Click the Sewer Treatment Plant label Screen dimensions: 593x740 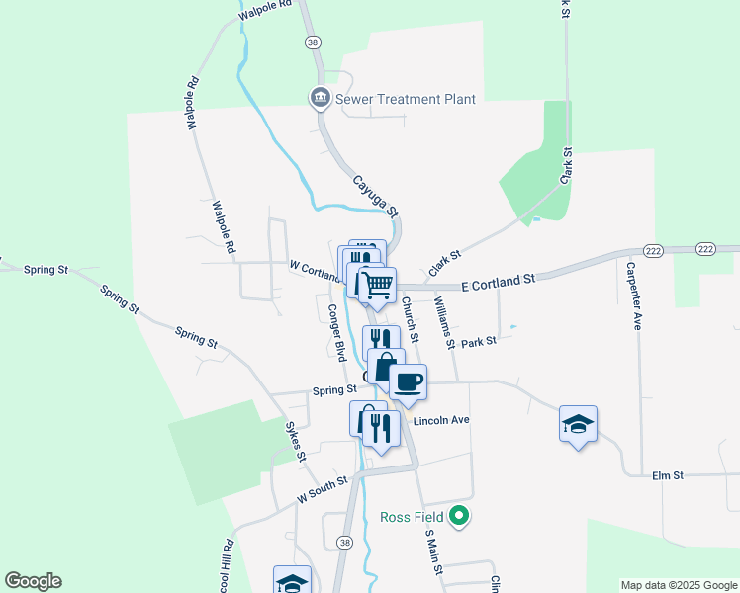pyautogui.click(x=406, y=99)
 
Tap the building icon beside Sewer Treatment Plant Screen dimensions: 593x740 pyautogui.click(x=320, y=98)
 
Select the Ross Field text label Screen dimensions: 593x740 pyautogui.click(x=412, y=516)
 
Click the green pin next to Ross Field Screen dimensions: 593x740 pyautogui.click(x=458, y=515)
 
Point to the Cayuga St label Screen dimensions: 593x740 pyautogui.click(x=376, y=196)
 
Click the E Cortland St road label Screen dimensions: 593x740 pyautogui.click(x=498, y=283)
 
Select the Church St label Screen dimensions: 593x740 pyautogui.click(x=412, y=323)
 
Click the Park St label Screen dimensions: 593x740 pyautogui.click(x=478, y=343)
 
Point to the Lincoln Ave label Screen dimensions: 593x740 pyautogui.click(x=440, y=420)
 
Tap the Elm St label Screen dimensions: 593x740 pyautogui.click(x=668, y=475)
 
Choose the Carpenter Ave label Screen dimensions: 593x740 pyautogui.click(x=634, y=296)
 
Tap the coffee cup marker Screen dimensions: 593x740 pyautogui.click(x=409, y=381)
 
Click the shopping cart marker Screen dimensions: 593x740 pyautogui.click(x=378, y=285)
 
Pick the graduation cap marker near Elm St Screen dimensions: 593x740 pyautogui.click(x=578, y=423)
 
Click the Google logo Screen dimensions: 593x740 pyautogui.click(x=33, y=581)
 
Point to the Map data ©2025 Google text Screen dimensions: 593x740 pyautogui.click(x=678, y=585)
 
